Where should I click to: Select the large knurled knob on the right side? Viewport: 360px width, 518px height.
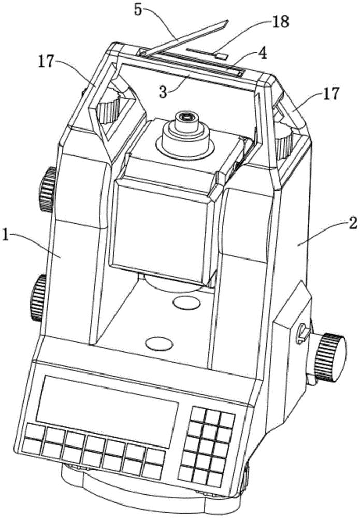click(x=330, y=357)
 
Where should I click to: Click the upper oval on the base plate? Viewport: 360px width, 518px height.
click(x=188, y=302)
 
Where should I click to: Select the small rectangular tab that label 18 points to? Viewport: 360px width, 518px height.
click(x=221, y=54)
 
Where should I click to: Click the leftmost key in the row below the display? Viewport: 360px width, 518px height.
click(x=34, y=434)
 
